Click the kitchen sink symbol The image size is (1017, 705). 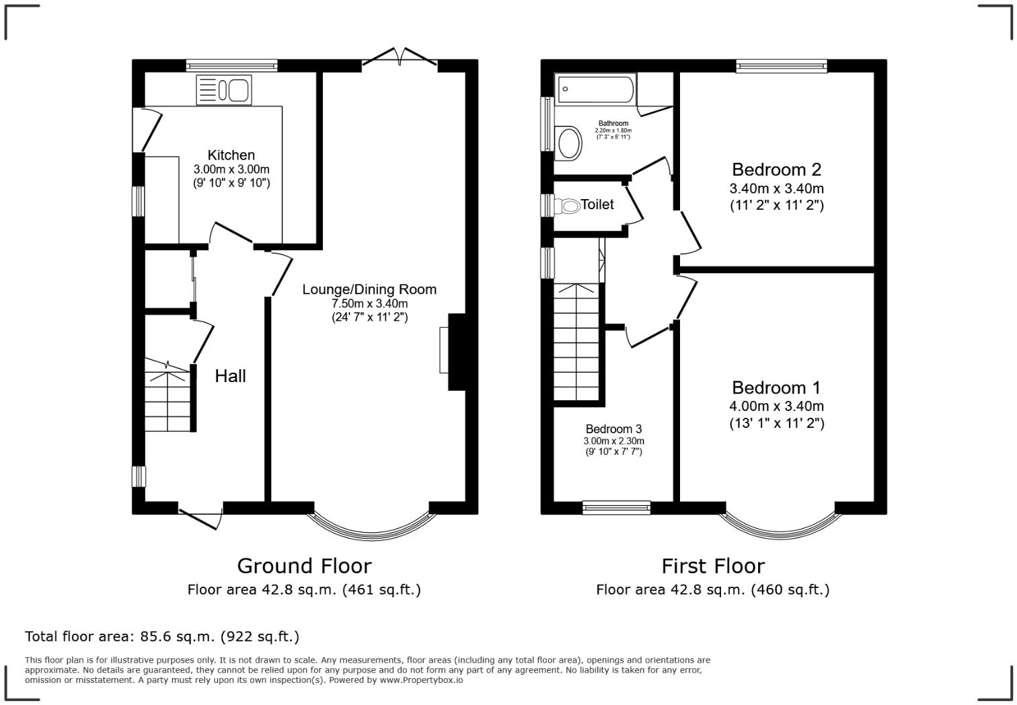(224, 90)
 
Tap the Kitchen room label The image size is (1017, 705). (231, 155)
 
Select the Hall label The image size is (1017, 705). (230, 376)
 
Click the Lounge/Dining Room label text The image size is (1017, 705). (369, 289)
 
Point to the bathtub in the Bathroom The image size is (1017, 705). (594, 89)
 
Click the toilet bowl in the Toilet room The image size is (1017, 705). (569, 206)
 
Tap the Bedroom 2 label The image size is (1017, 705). (776, 170)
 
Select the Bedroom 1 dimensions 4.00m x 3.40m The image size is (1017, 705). (776, 406)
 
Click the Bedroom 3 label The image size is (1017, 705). (613, 429)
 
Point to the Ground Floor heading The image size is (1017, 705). (304, 566)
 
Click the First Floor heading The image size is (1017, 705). (713, 566)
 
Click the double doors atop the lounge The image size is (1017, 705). (400, 58)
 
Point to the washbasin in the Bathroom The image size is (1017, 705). (570, 143)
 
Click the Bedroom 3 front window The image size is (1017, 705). (616, 508)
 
